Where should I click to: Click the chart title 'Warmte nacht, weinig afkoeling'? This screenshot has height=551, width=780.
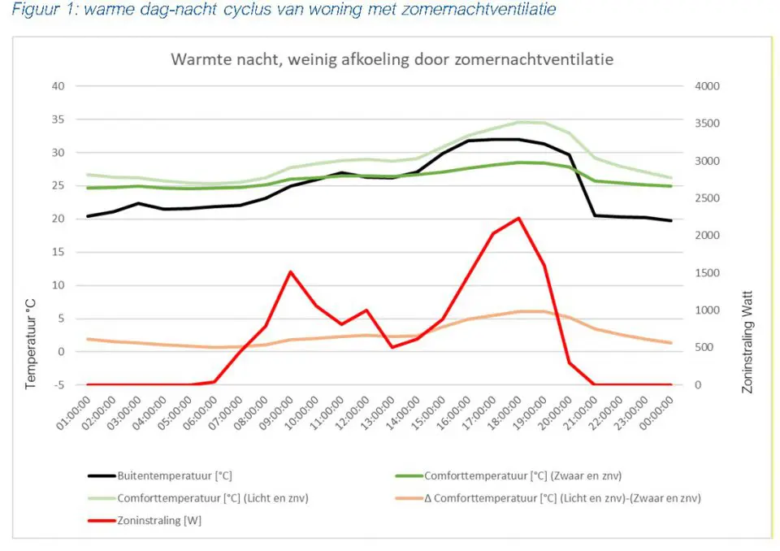[391, 60]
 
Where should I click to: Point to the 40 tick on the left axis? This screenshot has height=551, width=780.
[58, 86]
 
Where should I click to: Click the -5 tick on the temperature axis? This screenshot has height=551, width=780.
[59, 384]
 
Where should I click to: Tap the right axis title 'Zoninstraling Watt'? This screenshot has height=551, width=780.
[748, 342]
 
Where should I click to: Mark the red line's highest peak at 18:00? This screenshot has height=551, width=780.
[518, 218]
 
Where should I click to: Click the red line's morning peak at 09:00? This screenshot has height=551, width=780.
[291, 271]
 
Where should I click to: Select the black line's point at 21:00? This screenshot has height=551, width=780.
[595, 215]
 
